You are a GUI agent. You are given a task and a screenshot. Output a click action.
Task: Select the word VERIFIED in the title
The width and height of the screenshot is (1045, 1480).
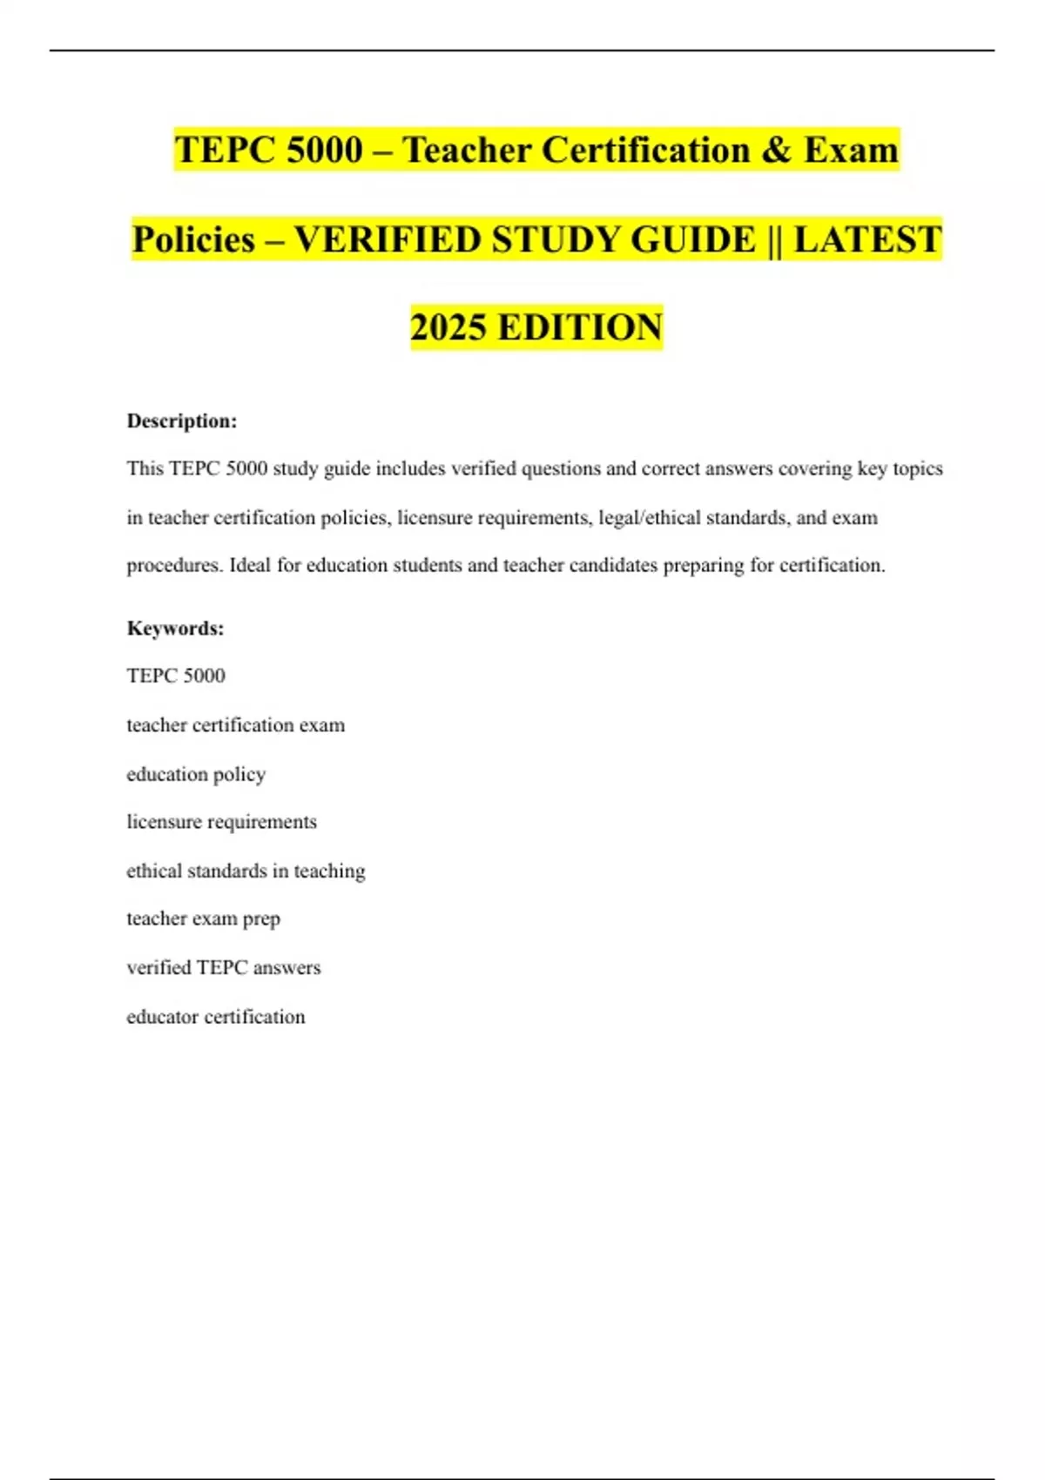click(388, 239)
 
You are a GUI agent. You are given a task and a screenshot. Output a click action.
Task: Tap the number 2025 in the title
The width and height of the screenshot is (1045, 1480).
click(448, 327)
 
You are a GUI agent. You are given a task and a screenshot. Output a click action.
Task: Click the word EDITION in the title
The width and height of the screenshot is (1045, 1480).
click(580, 327)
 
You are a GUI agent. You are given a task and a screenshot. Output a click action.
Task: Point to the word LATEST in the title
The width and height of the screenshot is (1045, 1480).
click(867, 239)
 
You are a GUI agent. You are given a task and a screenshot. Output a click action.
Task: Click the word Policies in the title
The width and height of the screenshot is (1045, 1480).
click(193, 239)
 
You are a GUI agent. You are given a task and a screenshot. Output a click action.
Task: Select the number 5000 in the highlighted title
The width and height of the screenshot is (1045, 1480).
click(324, 150)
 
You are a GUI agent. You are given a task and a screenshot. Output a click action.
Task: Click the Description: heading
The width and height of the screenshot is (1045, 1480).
click(182, 421)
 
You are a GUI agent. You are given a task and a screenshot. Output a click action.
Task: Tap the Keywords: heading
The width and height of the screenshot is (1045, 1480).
click(175, 629)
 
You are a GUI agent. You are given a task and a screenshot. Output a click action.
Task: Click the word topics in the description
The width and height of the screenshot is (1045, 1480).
click(918, 469)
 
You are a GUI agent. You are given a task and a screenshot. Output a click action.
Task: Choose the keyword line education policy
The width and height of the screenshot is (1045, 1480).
click(196, 774)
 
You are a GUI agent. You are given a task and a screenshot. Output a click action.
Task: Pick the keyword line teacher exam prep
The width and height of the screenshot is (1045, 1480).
click(203, 918)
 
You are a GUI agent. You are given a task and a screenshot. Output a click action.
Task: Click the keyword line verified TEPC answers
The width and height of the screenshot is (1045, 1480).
click(224, 967)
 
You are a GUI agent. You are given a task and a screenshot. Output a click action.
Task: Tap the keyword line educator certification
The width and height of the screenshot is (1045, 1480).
click(216, 1017)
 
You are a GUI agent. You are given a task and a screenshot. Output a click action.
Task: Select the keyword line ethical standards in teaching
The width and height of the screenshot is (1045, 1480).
click(246, 871)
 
